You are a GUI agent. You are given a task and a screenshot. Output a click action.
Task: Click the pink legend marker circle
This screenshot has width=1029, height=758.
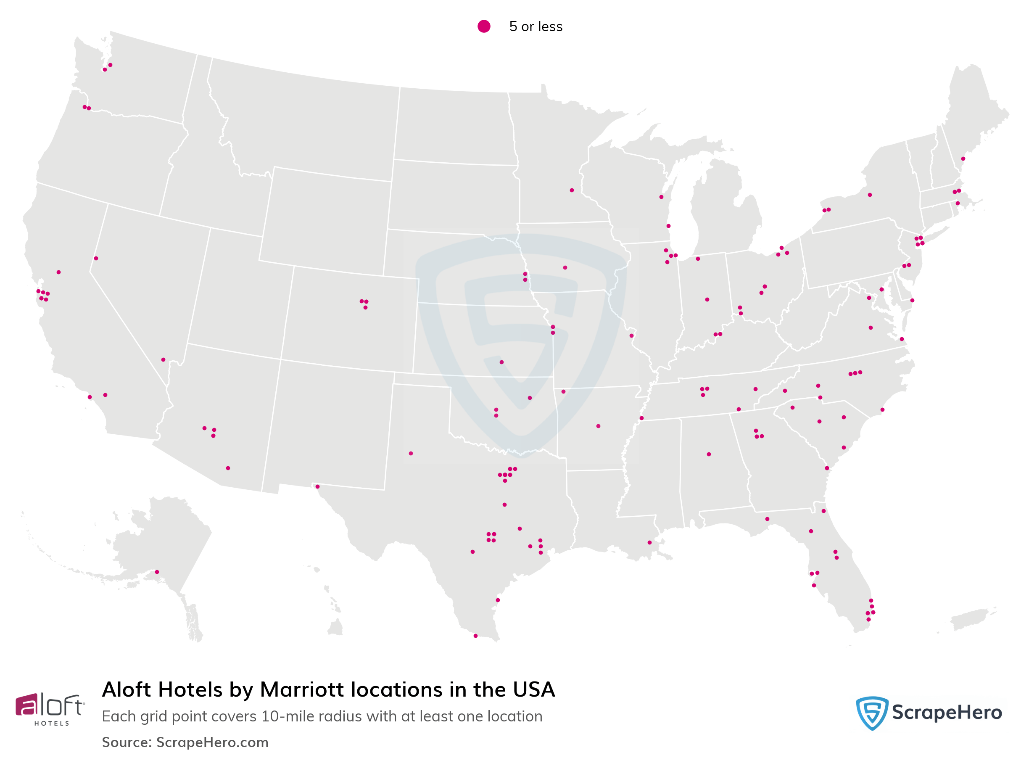[x=483, y=26]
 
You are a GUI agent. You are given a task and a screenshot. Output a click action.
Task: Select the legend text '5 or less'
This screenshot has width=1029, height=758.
[x=536, y=26]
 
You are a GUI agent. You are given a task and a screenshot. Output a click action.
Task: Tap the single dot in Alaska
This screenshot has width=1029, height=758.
[x=157, y=572]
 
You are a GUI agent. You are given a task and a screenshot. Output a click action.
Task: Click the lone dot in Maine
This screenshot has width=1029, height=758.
[x=963, y=159]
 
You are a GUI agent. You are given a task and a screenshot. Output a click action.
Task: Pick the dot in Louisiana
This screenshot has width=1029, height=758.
[x=649, y=543]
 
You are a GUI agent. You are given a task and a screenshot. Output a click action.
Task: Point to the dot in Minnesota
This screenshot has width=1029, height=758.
[x=572, y=190]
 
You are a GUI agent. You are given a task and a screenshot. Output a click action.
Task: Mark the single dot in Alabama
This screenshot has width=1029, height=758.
[x=709, y=454]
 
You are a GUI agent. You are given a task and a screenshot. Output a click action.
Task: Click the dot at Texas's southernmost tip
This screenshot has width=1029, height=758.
[x=476, y=636]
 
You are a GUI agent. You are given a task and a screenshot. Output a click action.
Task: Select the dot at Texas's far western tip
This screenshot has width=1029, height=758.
[x=317, y=486]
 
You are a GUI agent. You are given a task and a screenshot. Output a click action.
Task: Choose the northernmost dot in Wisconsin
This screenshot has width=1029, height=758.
[x=661, y=197]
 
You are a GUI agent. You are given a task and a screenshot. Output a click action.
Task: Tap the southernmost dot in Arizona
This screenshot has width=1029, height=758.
[x=228, y=468]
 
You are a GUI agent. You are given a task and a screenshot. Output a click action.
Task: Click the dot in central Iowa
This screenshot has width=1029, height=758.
[x=565, y=267]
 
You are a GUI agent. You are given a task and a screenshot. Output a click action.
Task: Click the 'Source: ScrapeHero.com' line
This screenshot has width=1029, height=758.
[x=185, y=742]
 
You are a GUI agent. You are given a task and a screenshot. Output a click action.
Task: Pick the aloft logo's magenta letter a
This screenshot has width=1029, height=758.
[x=26, y=705]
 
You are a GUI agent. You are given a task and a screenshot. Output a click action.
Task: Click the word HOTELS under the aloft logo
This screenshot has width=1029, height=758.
[x=51, y=724]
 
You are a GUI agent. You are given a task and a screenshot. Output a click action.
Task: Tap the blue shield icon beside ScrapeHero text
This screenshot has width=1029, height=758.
[x=872, y=713]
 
